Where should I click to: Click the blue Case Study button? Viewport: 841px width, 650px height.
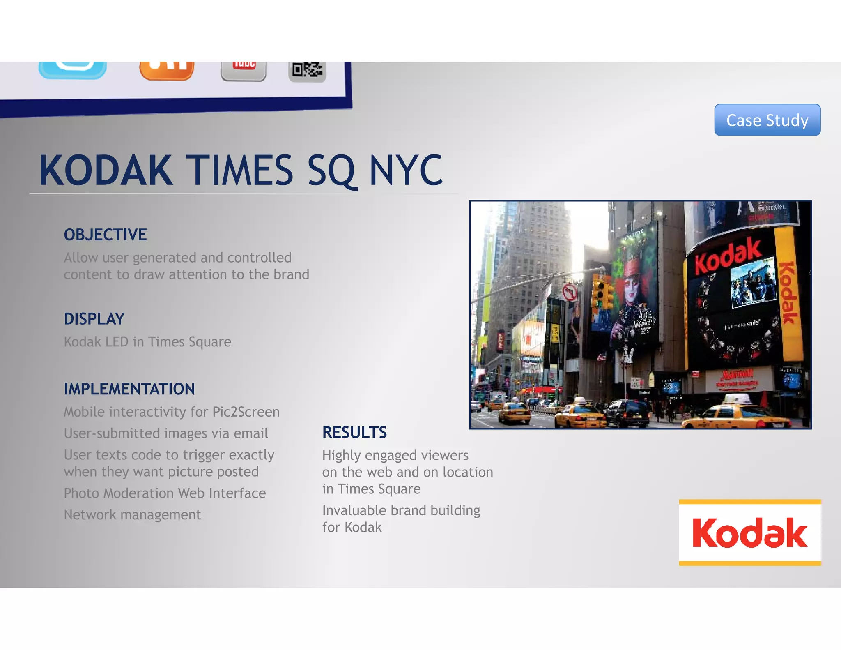767,120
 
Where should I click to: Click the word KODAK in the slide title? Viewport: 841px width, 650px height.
106,171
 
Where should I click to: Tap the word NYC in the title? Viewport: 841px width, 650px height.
406,171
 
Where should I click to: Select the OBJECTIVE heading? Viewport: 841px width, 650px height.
105,235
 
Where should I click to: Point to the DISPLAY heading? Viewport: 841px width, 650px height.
94,319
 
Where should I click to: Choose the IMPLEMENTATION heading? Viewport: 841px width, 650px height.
129,389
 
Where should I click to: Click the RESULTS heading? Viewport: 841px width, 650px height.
354,432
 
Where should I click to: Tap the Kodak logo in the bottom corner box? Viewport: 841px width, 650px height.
750,532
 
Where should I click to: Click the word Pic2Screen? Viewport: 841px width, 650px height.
246,412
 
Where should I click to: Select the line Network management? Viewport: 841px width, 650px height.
132,514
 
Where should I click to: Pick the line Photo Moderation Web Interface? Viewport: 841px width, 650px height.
165,493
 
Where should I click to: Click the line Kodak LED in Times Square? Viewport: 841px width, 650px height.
147,342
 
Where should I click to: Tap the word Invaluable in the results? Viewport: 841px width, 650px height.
354,510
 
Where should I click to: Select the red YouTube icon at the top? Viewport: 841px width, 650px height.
244,70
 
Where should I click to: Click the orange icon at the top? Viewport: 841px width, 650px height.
167,70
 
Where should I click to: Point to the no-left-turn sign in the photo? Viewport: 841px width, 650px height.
569,293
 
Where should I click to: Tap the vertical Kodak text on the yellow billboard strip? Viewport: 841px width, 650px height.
788,293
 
